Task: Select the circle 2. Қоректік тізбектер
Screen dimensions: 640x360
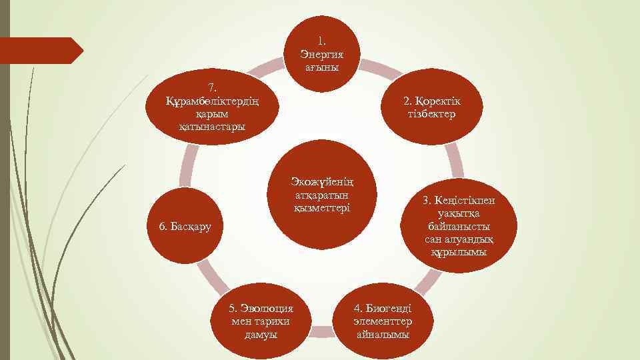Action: [x=429, y=107]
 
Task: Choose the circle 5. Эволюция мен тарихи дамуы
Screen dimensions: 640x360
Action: [x=261, y=317]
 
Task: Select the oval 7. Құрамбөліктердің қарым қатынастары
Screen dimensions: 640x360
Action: [x=212, y=107]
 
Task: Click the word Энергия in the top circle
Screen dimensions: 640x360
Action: [x=322, y=54]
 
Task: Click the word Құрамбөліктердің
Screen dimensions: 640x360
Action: [x=212, y=100]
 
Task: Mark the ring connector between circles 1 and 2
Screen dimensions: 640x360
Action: [x=381, y=68]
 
